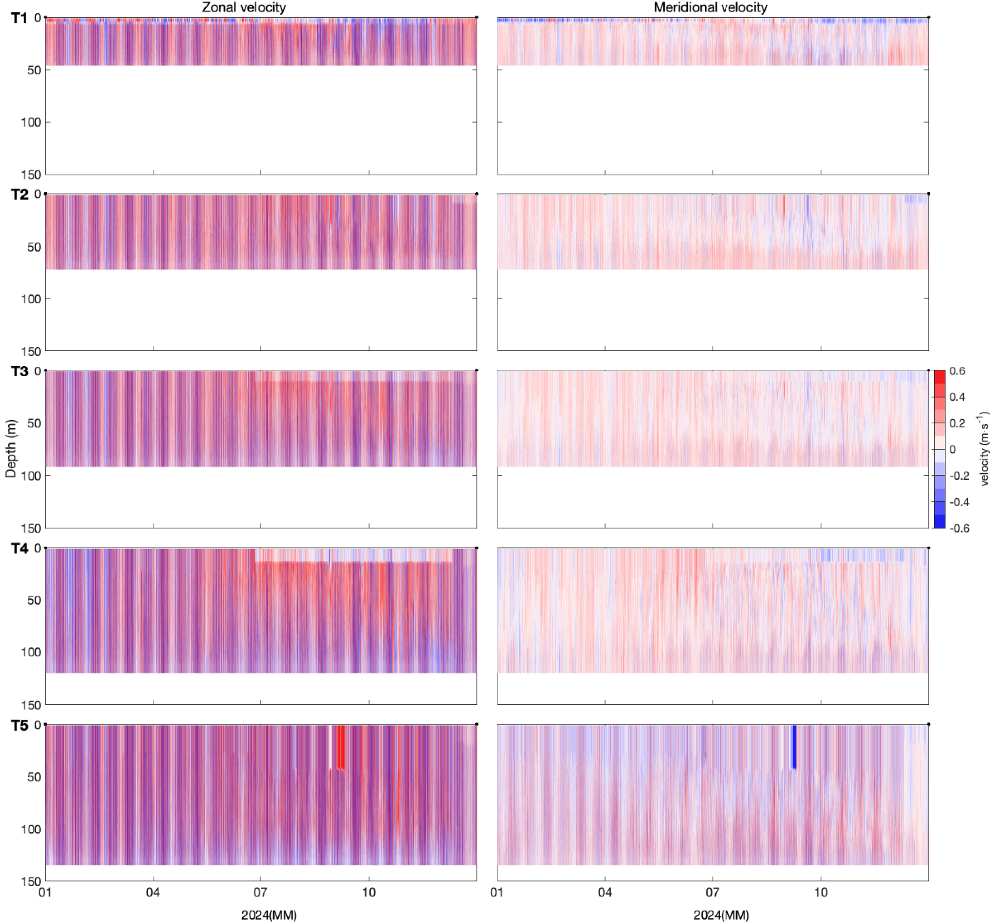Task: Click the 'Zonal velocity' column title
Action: tap(244, 7)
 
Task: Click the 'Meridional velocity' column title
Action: tap(710, 7)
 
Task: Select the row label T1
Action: tap(19, 18)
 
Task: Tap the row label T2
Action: tap(19, 194)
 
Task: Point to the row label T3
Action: tap(19, 371)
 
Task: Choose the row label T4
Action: tap(19, 549)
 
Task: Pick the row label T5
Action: tap(19, 726)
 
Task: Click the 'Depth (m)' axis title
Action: tap(11, 449)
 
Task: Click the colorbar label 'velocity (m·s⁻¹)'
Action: tap(984, 449)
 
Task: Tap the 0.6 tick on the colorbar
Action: tap(957, 371)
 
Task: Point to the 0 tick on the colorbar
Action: tap(952, 449)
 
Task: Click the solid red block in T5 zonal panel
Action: tap(341, 747)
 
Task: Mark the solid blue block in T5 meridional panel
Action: tap(794, 746)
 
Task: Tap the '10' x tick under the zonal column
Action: tap(369, 893)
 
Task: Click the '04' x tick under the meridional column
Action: tap(605, 893)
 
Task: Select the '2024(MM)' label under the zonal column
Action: tap(269, 915)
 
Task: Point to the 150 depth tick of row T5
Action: tap(31, 882)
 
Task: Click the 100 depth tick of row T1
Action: tap(31, 122)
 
